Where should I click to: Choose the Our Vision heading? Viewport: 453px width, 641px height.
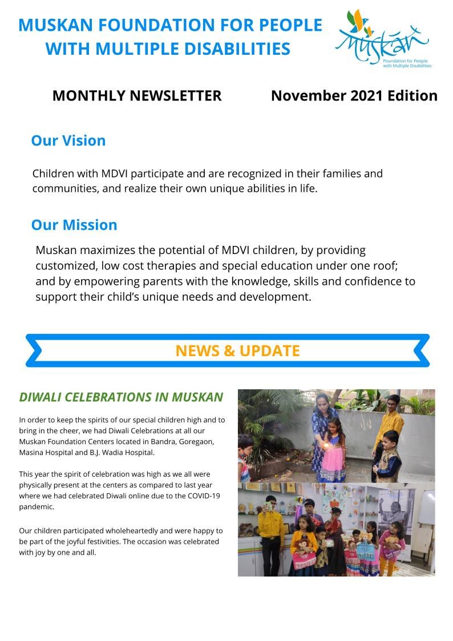click(68, 140)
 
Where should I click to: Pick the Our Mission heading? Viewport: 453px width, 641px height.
click(74, 225)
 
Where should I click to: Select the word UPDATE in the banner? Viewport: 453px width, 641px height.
click(269, 350)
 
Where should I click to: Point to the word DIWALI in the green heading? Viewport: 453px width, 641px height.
click(40, 397)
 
